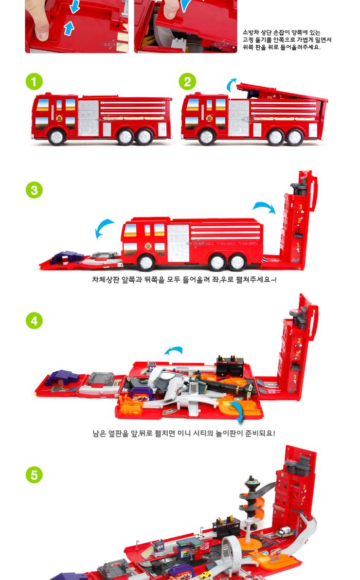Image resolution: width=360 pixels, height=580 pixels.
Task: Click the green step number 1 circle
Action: click(x=34, y=82)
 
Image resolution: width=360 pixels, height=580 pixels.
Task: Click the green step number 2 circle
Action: click(x=187, y=82)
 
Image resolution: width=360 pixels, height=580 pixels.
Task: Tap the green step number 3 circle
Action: click(x=34, y=190)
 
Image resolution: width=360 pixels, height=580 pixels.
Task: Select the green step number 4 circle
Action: click(x=34, y=320)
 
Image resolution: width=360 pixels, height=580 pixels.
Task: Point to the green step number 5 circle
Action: click(x=34, y=474)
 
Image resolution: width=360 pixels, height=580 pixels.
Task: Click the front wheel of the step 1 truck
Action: click(x=57, y=137)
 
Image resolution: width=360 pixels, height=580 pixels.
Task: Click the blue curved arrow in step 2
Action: click(x=232, y=85)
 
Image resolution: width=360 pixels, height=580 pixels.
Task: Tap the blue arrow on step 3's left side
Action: click(x=105, y=228)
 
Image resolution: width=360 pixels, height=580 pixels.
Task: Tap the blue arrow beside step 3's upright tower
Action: click(x=264, y=207)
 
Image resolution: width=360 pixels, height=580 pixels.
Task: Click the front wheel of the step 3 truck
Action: click(x=146, y=262)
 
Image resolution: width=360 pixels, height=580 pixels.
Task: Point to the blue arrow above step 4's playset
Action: click(x=173, y=351)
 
